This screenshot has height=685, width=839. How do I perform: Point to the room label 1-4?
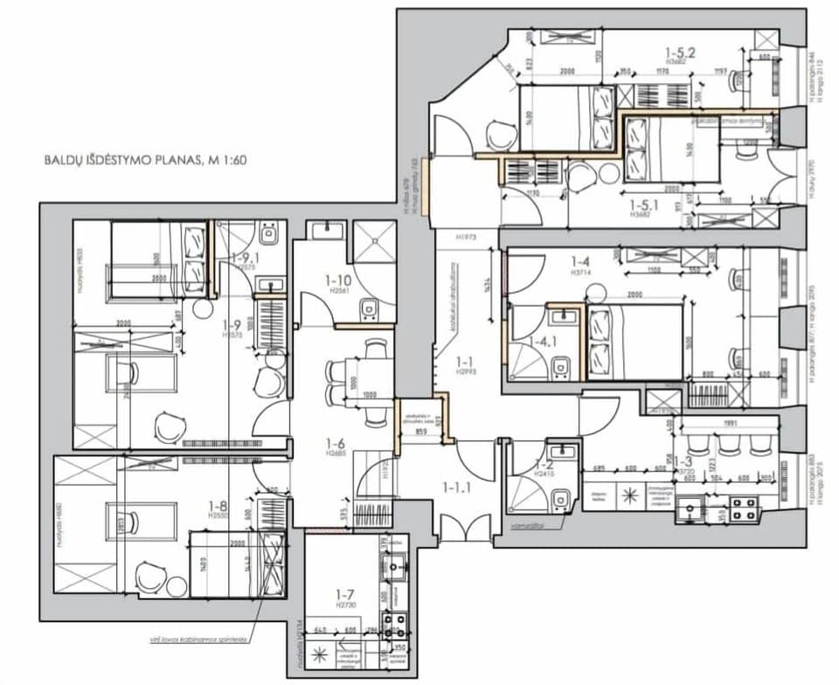581,261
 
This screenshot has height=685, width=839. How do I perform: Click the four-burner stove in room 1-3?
742,509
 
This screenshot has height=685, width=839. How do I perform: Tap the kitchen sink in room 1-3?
696,508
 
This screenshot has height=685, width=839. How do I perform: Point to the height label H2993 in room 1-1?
466,370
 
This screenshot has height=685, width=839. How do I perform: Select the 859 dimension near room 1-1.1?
421,431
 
